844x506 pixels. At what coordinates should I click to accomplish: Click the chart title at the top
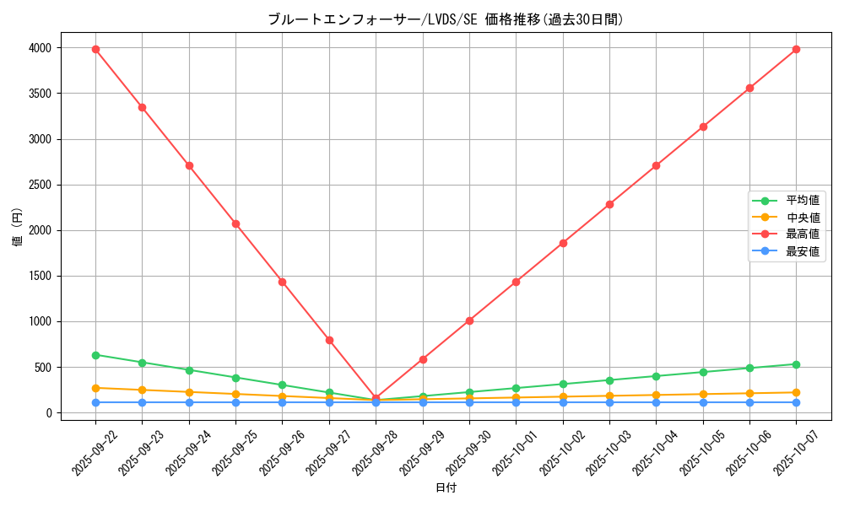(x=446, y=19)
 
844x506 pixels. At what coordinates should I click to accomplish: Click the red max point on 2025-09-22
(x=95, y=49)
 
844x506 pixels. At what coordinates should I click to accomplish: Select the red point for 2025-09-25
(x=235, y=223)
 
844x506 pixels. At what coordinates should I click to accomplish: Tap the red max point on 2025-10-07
(x=796, y=49)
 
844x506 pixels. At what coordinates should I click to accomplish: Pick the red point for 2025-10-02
(x=563, y=243)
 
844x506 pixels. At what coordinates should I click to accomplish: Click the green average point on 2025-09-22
(x=95, y=355)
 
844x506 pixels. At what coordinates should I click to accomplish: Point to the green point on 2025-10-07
(x=796, y=364)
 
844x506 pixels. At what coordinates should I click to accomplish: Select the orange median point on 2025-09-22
(x=95, y=388)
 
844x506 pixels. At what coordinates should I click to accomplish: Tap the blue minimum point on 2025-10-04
(x=656, y=402)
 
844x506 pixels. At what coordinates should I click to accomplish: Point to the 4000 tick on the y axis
(x=39, y=48)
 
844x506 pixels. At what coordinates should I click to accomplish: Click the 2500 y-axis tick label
(x=39, y=185)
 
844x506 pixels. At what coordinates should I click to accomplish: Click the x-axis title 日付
(x=446, y=487)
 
